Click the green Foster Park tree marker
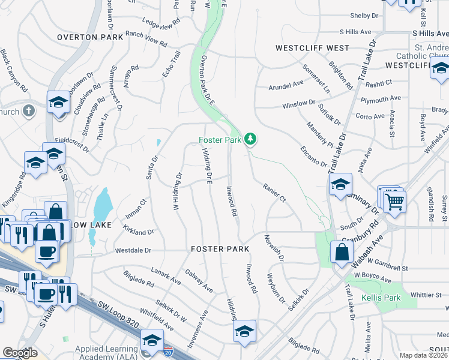[250, 140]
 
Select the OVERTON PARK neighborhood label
[90, 37]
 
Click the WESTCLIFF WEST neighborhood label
[312, 47]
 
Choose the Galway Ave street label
[200, 280]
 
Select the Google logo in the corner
[20, 353]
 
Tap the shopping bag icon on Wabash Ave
[341, 253]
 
